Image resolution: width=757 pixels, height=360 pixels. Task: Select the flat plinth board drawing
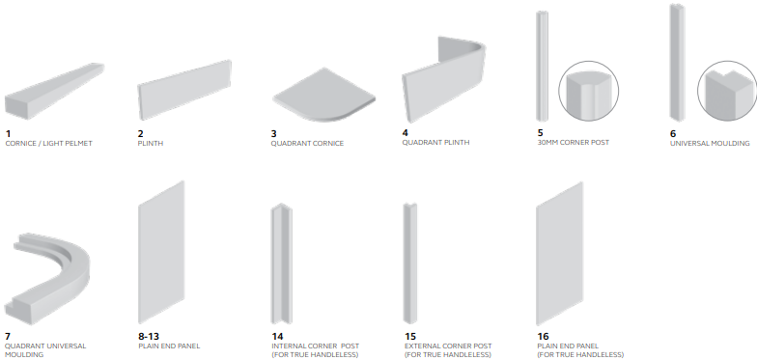[x=184, y=87]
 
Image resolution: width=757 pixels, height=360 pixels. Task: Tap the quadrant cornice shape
[x=322, y=97]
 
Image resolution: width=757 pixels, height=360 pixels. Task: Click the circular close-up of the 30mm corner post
[x=589, y=91]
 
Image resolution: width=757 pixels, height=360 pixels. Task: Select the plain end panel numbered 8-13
[x=161, y=253]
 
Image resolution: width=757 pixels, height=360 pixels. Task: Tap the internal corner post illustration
[x=281, y=263]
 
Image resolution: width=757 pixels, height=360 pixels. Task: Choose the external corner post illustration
[x=409, y=263]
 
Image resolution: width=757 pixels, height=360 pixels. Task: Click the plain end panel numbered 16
[x=560, y=254]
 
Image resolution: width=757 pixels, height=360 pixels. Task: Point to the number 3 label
[x=274, y=133]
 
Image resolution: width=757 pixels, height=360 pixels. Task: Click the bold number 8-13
[x=149, y=336]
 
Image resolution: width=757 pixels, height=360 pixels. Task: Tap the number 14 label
[x=277, y=336]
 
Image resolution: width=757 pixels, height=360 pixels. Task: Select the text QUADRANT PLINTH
[x=435, y=143]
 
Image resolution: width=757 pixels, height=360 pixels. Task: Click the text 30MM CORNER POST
[x=574, y=143]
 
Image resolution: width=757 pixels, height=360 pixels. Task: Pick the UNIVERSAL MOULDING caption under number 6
[x=710, y=143]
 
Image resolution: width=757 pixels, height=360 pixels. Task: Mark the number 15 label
[x=410, y=336]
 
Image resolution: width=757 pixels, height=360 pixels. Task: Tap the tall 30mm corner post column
[x=542, y=66]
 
